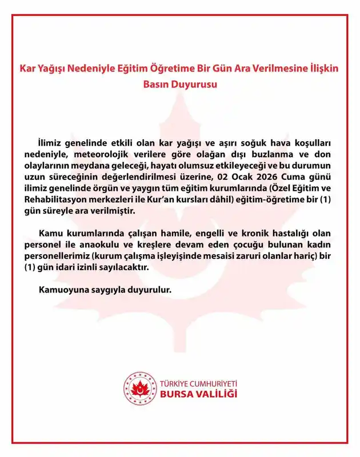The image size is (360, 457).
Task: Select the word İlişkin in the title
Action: pos(321,68)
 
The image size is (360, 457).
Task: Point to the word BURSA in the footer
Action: pos(178,394)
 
